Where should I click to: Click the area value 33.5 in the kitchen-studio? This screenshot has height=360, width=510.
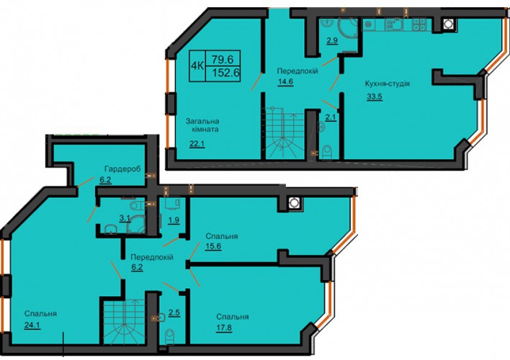(x=375, y=97)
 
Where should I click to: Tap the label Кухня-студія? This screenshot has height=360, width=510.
(x=387, y=84)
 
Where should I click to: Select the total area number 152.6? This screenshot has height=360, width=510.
(x=225, y=73)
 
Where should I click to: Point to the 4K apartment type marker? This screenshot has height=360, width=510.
(x=197, y=66)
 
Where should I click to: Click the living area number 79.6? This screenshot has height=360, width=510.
(x=223, y=60)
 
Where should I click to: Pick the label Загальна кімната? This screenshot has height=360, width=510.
(x=202, y=125)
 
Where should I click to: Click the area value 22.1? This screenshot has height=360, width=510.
(x=197, y=143)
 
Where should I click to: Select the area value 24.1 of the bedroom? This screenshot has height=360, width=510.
(x=32, y=325)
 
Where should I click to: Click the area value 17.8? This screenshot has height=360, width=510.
(x=224, y=328)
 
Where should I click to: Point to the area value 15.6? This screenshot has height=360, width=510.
(x=213, y=246)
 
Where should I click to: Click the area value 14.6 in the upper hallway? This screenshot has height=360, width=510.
(x=285, y=81)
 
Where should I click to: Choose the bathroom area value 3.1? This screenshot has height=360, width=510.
(x=125, y=218)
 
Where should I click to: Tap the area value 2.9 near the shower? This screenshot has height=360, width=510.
(x=331, y=40)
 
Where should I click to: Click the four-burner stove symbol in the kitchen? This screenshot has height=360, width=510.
(x=419, y=24)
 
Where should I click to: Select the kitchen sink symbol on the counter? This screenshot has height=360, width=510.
(x=393, y=24)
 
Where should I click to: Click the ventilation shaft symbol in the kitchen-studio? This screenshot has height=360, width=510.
(x=448, y=24)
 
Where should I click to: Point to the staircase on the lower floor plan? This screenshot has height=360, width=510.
(x=124, y=323)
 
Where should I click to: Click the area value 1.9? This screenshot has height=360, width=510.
(x=174, y=220)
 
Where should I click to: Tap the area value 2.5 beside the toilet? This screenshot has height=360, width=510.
(x=174, y=313)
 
